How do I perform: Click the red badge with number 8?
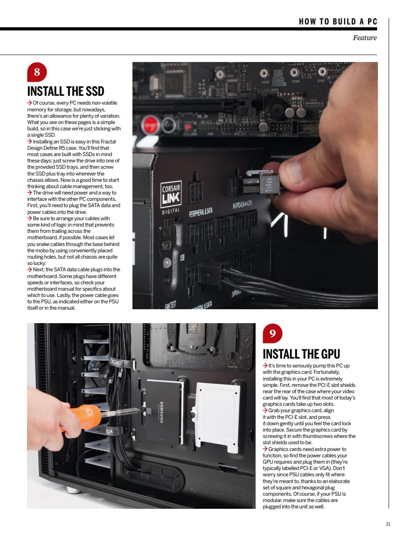[x=37, y=72]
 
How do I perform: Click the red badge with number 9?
[x=272, y=334]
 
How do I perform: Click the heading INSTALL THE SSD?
[x=65, y=91]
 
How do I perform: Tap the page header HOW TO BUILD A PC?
[x=337, y=22]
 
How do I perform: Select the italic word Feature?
[x=364, y=38]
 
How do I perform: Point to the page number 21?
[x=388, y=524]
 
